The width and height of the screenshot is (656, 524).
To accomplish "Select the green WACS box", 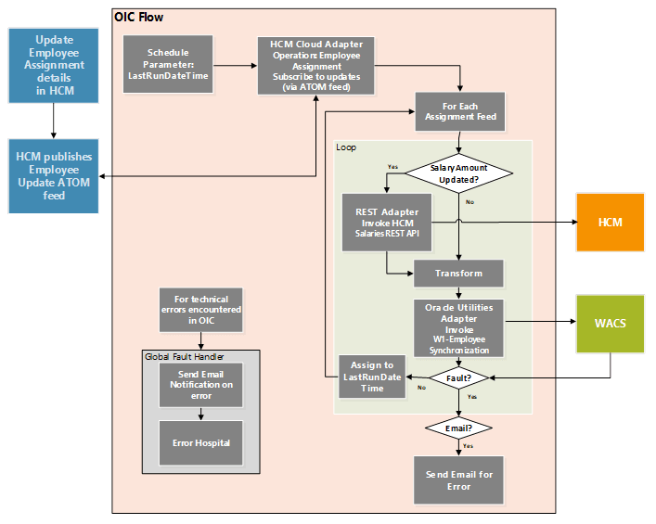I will (x=610, y=324).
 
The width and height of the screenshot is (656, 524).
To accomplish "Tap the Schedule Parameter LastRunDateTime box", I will (x=169, y=65).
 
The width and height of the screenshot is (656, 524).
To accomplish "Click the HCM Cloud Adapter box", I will (x=316, y=65).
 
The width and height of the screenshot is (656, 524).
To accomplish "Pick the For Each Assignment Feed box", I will (x=460, y=110).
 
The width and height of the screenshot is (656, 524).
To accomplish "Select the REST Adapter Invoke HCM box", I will (x=388, y=222).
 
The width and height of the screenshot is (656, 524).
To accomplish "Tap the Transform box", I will (x=459, y=274).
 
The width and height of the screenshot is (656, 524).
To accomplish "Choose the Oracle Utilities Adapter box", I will (x=459, y=326).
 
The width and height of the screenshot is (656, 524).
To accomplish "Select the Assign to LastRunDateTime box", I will (x=371, y=377).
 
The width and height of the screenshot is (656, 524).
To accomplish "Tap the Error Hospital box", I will (x=200, y=443).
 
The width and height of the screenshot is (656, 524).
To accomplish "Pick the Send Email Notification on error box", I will (x=200, y=384).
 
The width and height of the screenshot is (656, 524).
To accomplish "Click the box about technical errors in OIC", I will (x=200, y=309).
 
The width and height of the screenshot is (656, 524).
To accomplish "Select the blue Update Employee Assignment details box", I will (x=54, y=65).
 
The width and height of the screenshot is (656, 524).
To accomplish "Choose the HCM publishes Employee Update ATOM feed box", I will (x=54, y=176).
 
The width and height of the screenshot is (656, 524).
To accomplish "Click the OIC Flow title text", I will (x=139, y=17).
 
